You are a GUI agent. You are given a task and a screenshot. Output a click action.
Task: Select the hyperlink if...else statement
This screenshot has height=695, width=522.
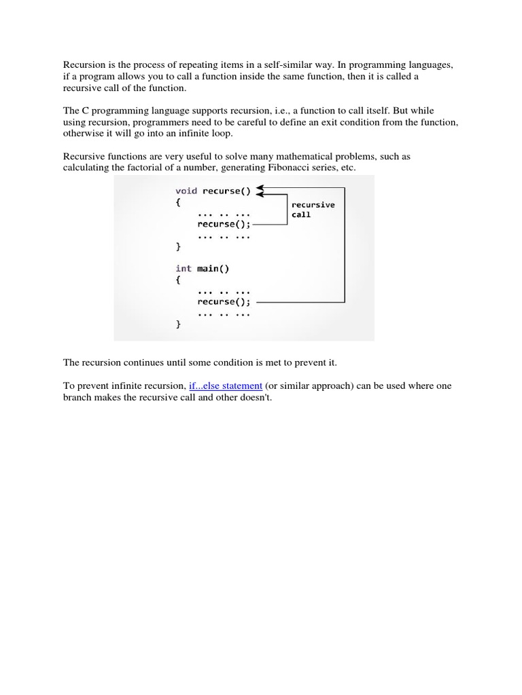click(226, 386)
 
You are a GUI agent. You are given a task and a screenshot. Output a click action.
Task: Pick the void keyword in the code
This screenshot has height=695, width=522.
click(186, 191)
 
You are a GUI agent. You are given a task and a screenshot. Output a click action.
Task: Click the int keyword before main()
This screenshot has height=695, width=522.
click(184, 268)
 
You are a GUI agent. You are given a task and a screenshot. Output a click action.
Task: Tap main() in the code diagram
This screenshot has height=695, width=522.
click(213, 268)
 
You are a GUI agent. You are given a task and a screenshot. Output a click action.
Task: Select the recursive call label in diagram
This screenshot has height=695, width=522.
click(313, 209)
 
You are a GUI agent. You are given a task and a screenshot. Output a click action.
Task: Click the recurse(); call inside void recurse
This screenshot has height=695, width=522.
click(224, 224)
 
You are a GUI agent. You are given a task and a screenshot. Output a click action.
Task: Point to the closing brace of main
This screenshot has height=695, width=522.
click(178, 324)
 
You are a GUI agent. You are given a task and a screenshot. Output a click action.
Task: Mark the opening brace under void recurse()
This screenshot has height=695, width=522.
click(178, 202)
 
